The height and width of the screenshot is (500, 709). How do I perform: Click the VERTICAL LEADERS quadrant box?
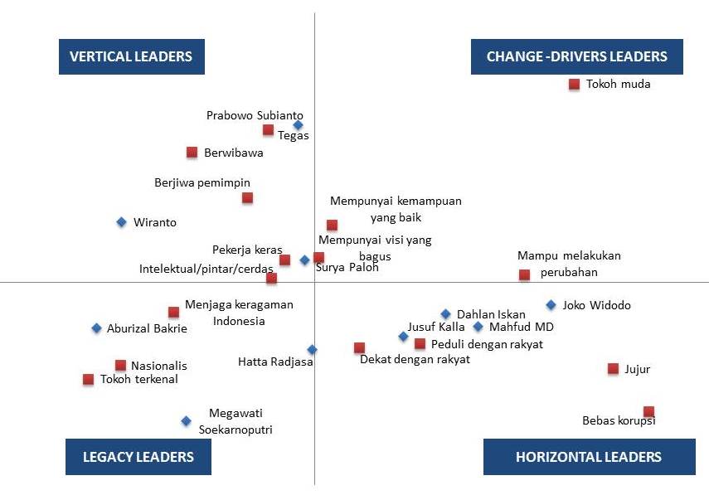[132, 56]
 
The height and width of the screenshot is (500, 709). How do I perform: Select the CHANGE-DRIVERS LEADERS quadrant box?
[576, 56]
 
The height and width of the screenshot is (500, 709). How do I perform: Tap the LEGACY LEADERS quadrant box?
[138, 457]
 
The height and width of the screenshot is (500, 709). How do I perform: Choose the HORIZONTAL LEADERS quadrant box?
[589, 457]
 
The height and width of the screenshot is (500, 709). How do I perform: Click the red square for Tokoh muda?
[574, 84]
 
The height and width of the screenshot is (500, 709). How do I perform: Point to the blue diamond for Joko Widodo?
[551, 305]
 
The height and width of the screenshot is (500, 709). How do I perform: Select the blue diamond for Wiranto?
[121, 221]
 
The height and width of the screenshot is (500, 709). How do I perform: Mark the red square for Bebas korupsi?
[648, 411]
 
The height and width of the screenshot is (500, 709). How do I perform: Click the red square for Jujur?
[613, 368]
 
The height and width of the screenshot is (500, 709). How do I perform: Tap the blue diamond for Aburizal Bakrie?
[96, 328]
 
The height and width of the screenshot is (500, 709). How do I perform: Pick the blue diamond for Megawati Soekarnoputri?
[186, 421]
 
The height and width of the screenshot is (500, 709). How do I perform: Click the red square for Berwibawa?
[192, 152]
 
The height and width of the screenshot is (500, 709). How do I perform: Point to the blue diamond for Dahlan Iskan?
[445, 314]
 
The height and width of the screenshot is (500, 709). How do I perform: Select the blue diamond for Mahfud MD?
[478, 327]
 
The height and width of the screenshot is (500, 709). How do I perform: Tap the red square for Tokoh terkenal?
[88, 379]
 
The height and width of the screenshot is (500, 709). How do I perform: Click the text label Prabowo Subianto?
[255, 115]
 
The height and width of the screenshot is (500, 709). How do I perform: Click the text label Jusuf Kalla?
[435, 327]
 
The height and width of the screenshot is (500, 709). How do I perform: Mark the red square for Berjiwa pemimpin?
[247, 197]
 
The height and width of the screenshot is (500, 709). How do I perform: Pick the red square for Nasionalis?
[120, 365]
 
